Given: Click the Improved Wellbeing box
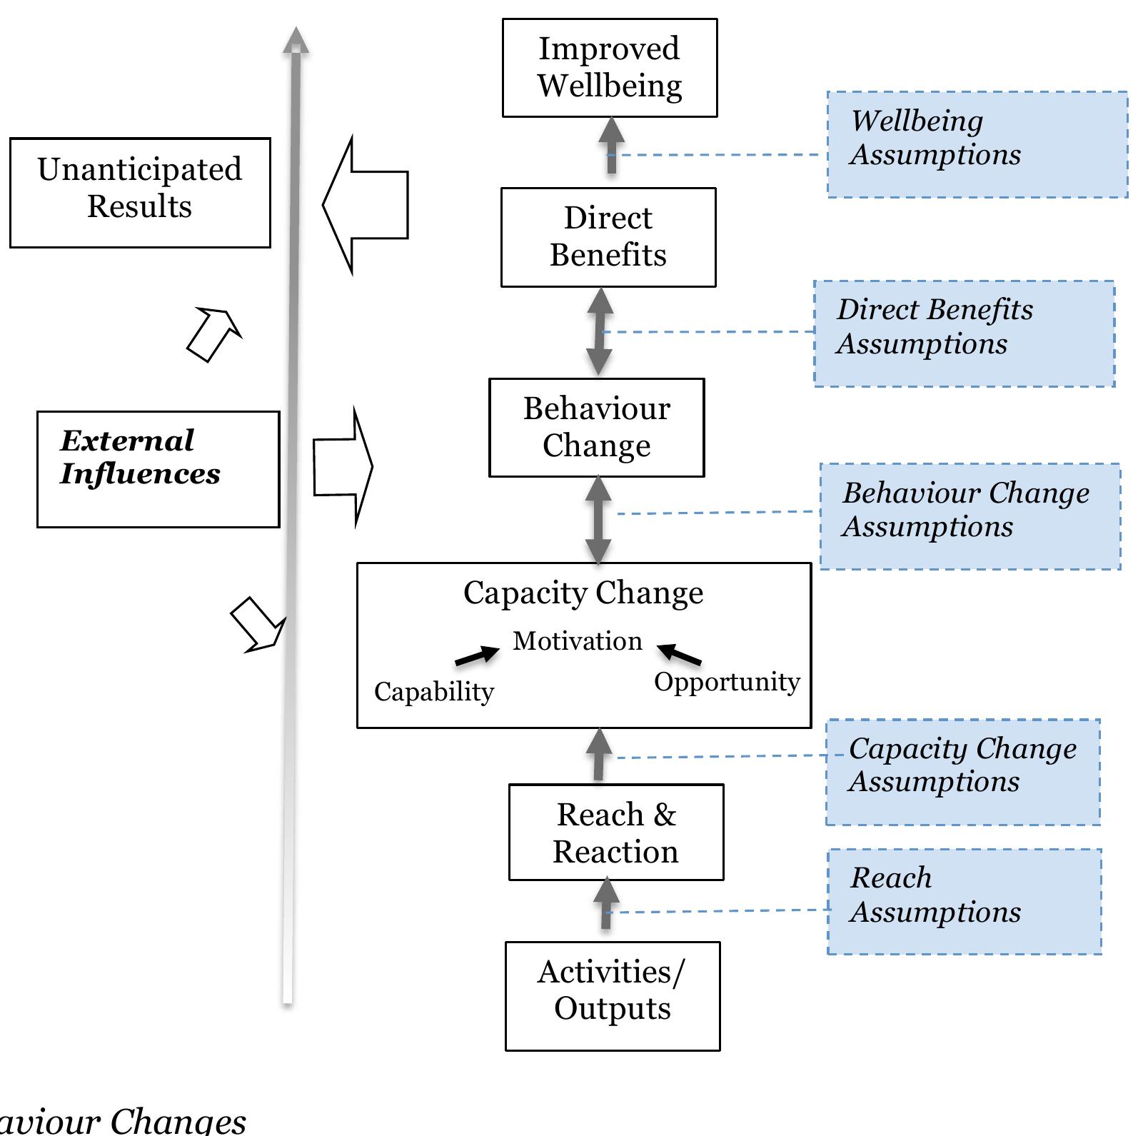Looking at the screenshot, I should tap(609, 68).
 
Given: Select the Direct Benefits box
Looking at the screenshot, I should tap(608, 237).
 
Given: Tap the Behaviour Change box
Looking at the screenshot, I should tap(596, 427).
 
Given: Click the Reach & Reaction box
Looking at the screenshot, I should tap(615, 833).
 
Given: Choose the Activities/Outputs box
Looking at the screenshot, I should tap(612, 996).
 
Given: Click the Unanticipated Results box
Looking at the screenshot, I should tap(140, 193).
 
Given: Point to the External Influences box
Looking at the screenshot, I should tap(158, 469).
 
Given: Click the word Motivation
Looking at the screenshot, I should tap(577, 641).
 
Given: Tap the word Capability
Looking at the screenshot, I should tap(433, 691).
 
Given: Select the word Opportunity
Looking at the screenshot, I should tap(727, 682).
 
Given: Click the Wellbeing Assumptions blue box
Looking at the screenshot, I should tap(977, 144).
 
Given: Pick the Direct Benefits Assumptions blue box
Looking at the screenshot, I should tap(964, 333).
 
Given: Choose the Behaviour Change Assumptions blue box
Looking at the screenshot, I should tap(970, 516).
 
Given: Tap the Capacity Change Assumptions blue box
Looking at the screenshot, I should tap(962, 772).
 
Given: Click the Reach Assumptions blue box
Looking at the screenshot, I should tap(964, 901).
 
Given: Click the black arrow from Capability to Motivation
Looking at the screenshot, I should tap(477, 655).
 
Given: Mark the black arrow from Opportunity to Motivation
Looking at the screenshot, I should tap(679, 654).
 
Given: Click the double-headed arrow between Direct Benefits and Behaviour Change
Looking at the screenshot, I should tap(599, 332).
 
